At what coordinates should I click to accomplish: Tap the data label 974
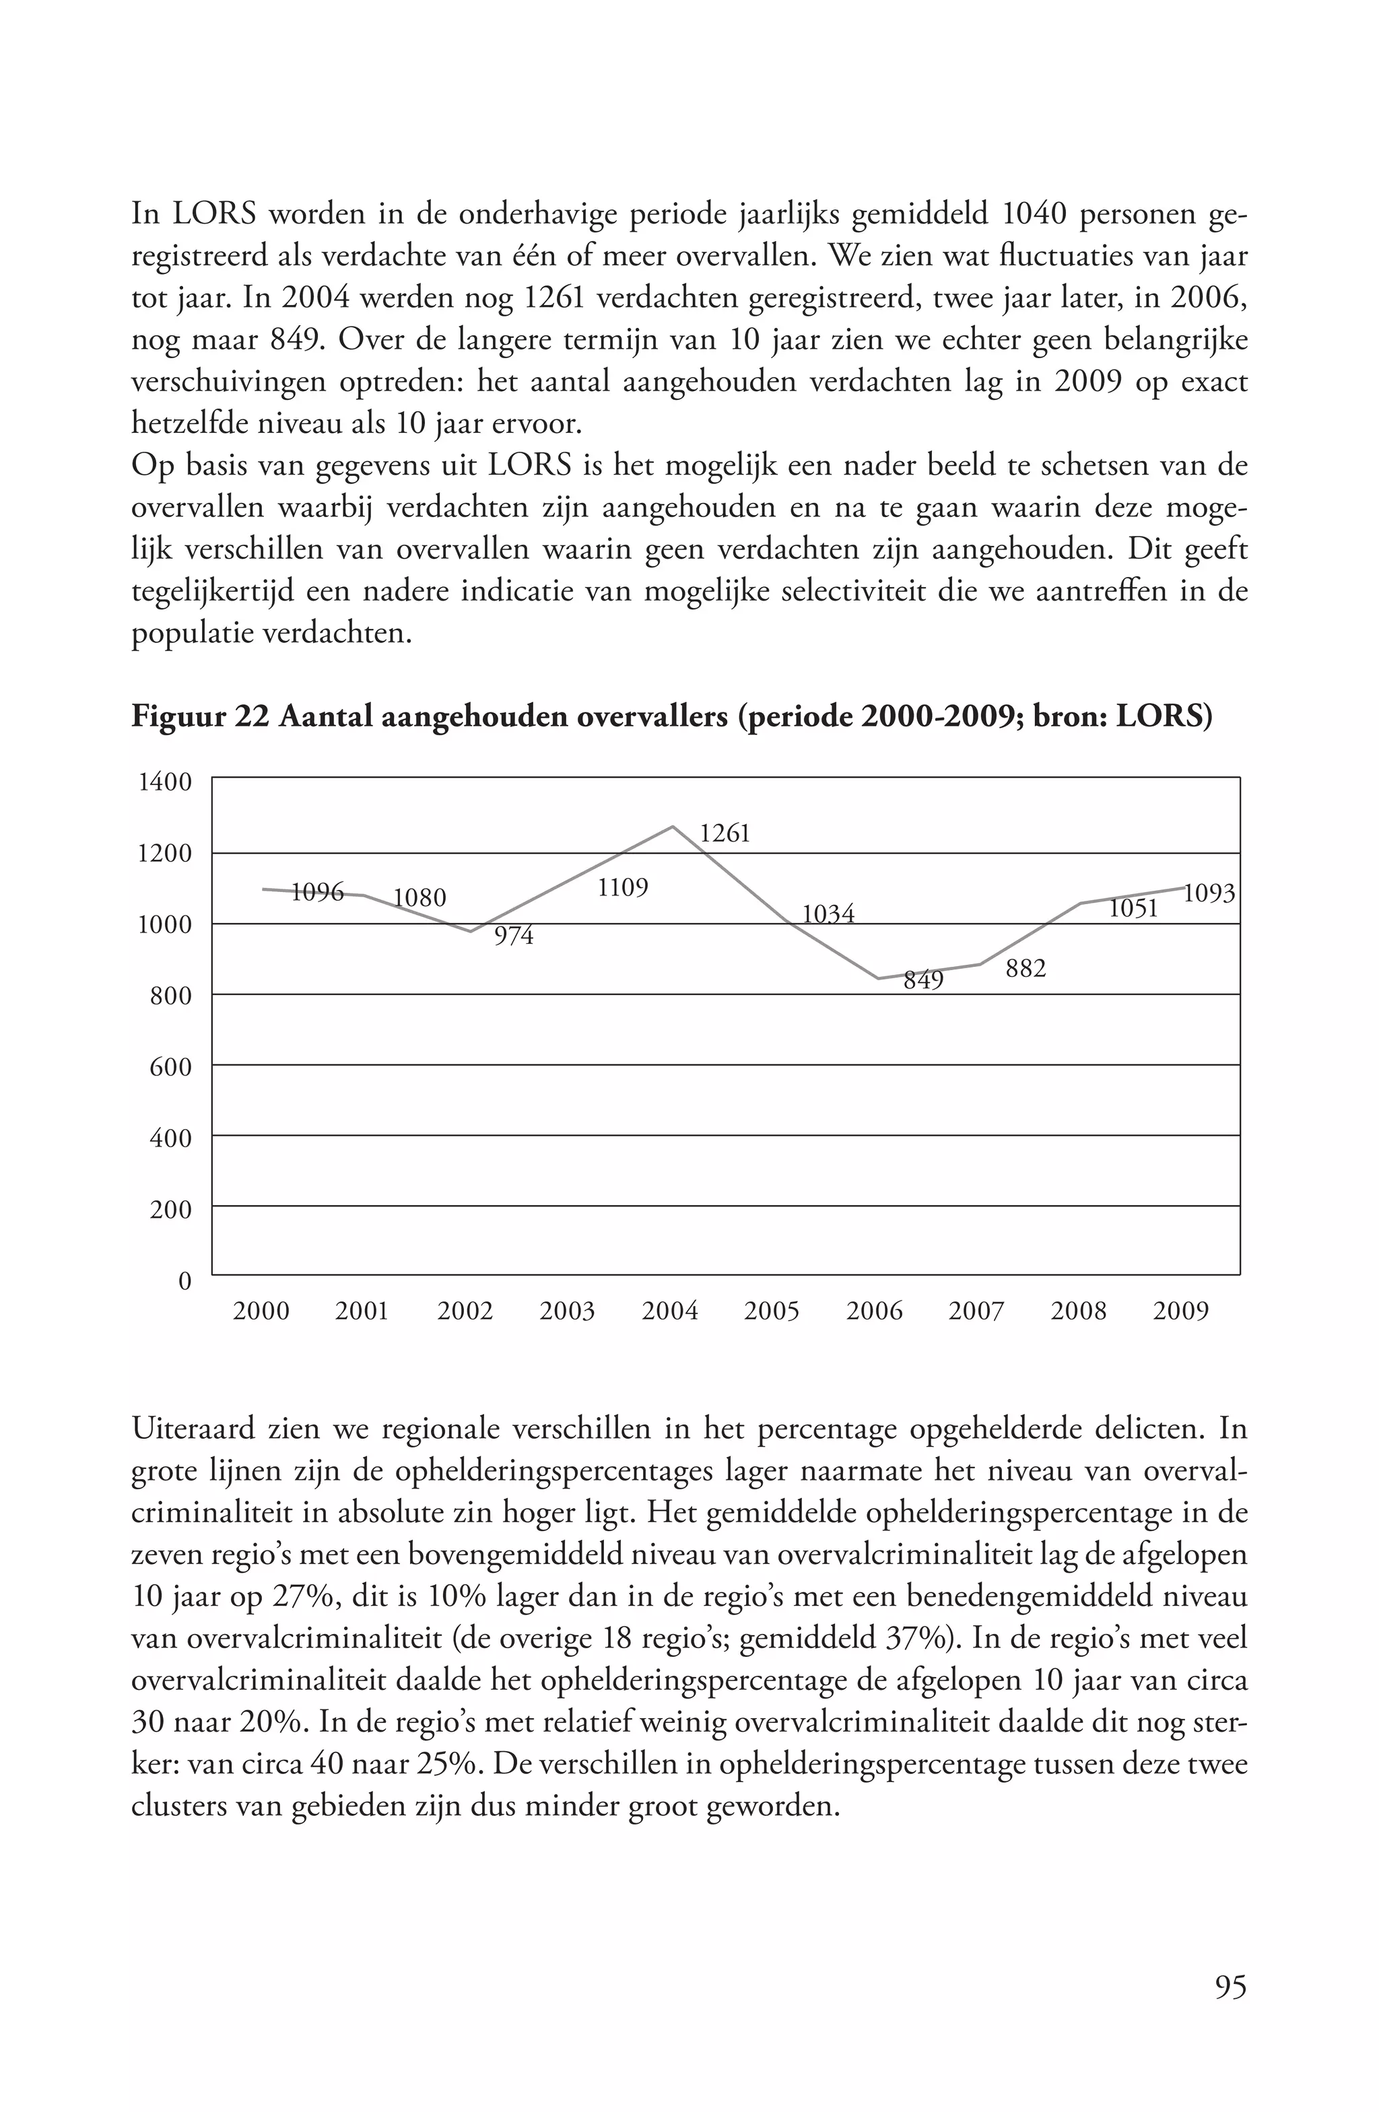(514, 936)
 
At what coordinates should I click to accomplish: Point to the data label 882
(1025, 969)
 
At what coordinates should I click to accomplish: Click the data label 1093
(1209, 893)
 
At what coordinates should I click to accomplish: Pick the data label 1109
(622, 887)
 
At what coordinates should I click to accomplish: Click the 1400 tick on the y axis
(165, 782)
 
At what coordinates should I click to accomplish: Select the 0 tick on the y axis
(184, 1281)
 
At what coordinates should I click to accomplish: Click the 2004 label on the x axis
(669, 1312)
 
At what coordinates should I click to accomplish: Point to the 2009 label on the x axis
(1180, 1312)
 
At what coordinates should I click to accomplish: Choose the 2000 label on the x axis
(261, 1312)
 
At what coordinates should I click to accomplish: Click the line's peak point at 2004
(673, 826)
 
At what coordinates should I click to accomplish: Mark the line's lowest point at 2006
(877, 978)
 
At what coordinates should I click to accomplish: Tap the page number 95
(1230, 1986)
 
